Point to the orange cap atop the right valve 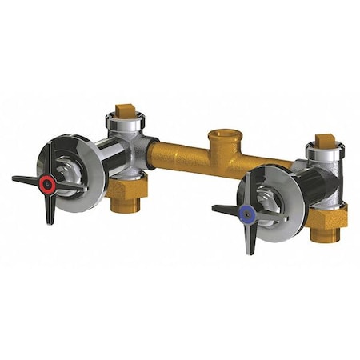click(324, 142)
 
